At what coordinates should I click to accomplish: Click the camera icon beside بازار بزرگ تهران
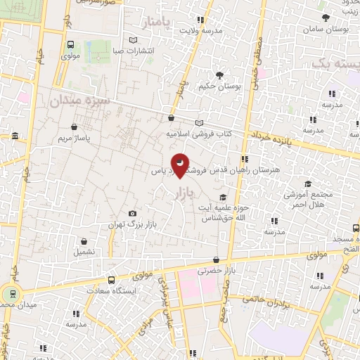point(132,214)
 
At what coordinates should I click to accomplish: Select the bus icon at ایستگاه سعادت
point(111,280)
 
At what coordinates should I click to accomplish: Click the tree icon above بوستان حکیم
point(219,75)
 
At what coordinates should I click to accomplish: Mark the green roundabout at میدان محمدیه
point(11,294)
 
